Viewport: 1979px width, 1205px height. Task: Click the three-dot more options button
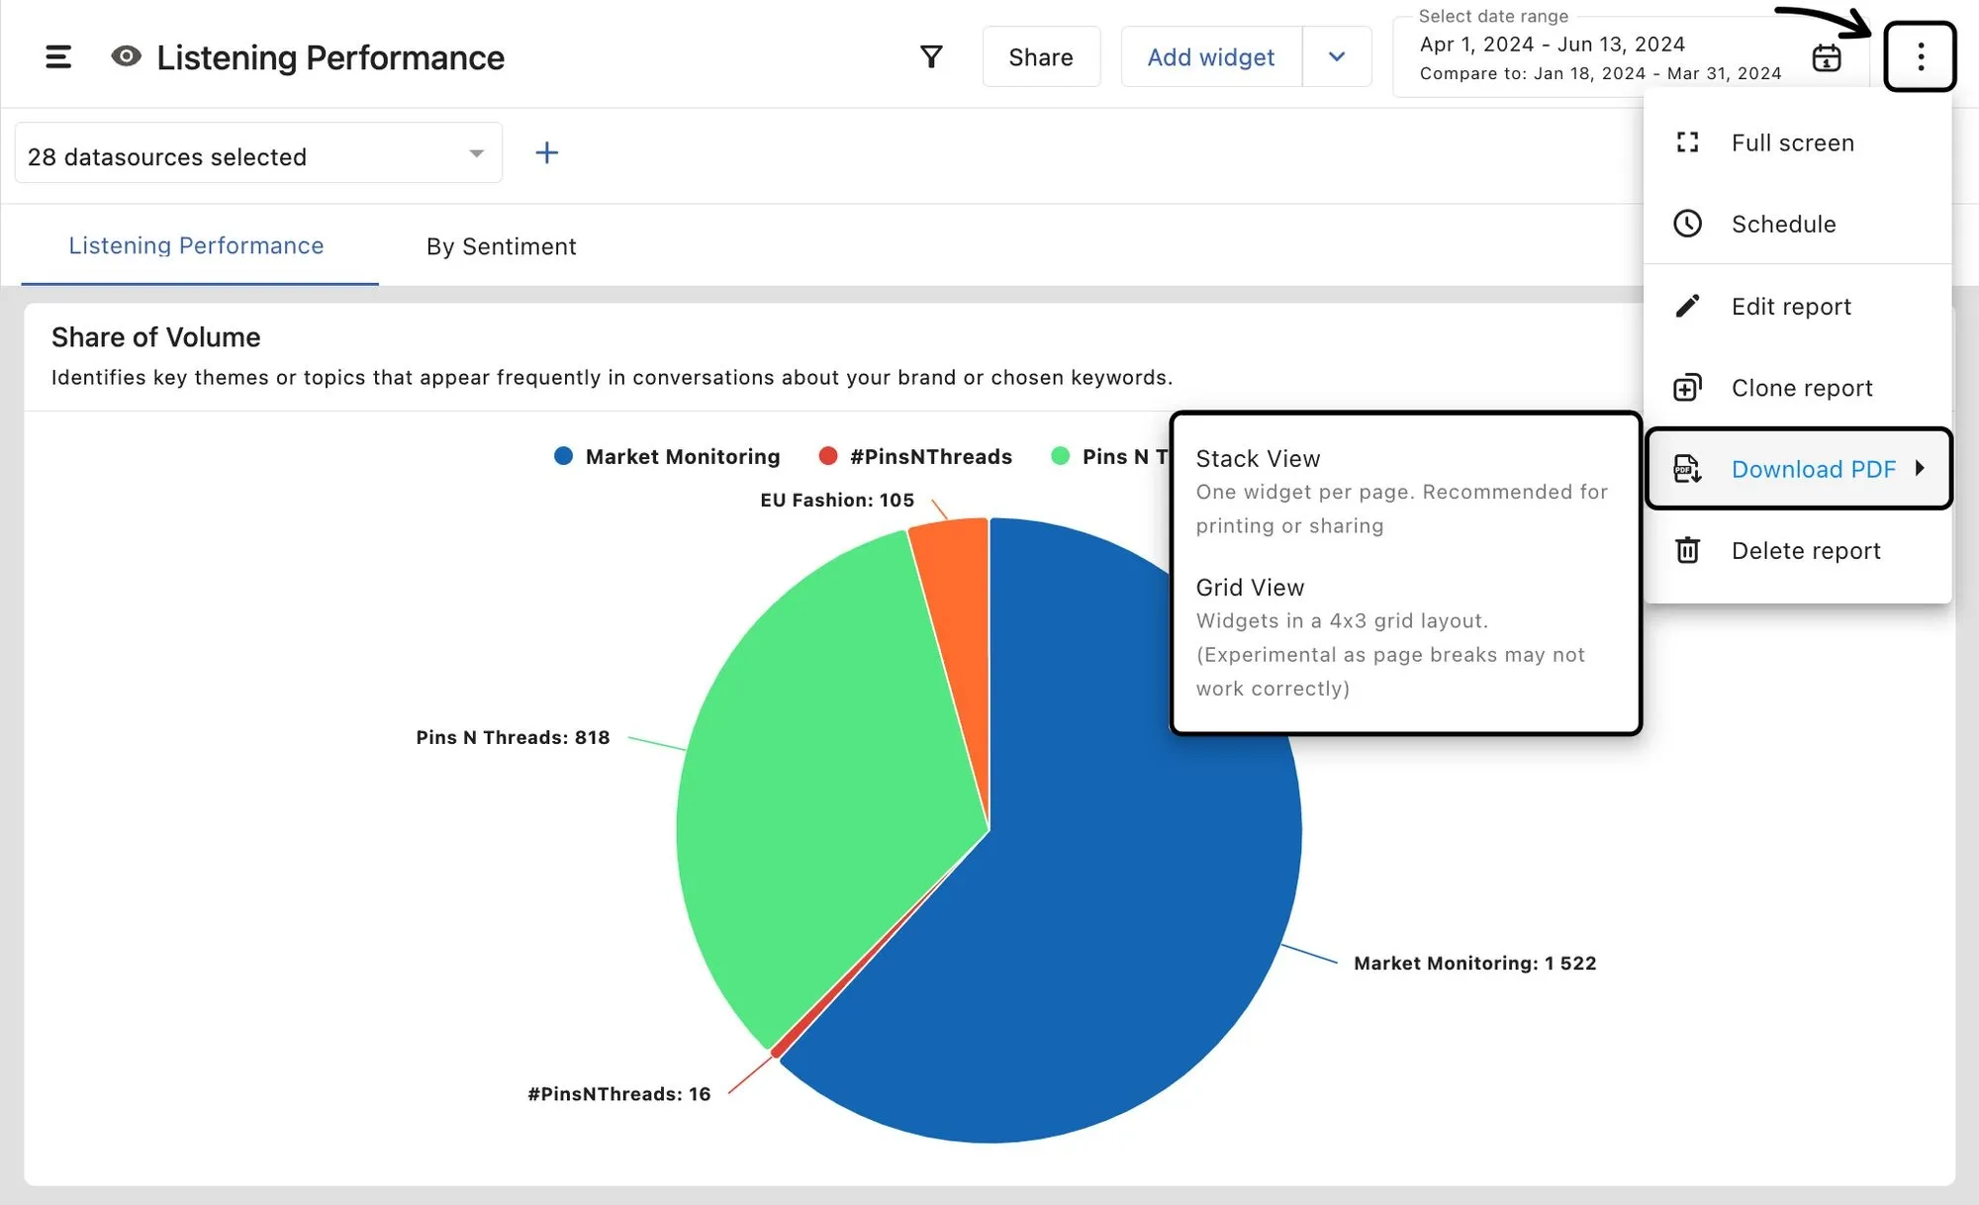[1920, 56]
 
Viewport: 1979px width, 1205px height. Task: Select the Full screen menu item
[1792, 142]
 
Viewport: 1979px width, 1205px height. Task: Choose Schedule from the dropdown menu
[1783, 224]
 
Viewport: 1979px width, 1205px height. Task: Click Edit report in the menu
[1790, 306]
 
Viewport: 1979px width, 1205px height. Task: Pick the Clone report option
[1801, 388]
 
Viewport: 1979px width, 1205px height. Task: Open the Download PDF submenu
[1813, 469]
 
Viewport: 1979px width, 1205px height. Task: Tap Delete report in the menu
[1805, 551]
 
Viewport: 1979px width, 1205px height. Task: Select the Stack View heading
[1258, 459]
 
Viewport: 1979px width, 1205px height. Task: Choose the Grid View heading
[1250, 588]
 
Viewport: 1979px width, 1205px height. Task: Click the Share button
[1041, 57]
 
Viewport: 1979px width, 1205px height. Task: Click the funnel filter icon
[931, 57]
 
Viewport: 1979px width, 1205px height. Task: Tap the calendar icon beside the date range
[1826, 57]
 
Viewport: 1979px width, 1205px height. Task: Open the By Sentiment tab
[501, 246]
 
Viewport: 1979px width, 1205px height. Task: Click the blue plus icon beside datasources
[546, 152]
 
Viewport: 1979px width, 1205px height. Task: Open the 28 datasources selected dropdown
[257, 156]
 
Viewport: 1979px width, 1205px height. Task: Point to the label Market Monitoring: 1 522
[1474, 964]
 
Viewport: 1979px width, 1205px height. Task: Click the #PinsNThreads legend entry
[916, 456]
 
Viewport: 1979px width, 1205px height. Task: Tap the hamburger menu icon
[58, 57]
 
